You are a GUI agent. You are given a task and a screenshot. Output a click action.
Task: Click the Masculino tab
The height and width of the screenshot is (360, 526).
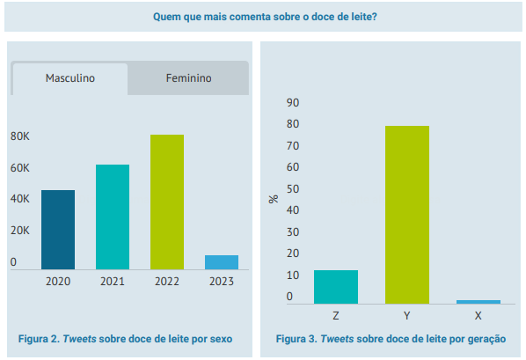[70, 78]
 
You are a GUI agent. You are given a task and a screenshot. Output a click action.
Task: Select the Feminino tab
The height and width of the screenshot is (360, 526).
[188, 78]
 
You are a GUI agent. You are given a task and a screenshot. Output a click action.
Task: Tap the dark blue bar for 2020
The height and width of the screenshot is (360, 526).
[58, 230]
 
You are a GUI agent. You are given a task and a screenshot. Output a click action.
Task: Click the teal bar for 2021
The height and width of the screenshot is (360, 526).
[113, 217]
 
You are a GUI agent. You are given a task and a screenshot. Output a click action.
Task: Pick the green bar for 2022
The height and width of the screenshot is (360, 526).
[167, 202]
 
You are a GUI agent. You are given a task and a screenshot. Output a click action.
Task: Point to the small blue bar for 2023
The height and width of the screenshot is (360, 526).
[222, 262]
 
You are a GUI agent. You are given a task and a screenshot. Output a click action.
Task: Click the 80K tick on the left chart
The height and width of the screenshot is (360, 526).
[20, 136]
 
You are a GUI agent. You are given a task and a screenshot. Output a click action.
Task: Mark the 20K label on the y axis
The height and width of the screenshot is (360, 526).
[20, 231]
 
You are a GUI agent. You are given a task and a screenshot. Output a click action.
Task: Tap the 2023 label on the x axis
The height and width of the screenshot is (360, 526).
[222, 282]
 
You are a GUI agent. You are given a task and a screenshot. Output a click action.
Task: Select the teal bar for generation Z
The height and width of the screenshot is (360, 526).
[336, 287]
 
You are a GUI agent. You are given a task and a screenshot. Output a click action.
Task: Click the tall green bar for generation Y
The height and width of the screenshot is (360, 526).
[407, 215]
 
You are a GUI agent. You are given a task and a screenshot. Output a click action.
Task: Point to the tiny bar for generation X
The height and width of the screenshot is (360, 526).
[479, 302]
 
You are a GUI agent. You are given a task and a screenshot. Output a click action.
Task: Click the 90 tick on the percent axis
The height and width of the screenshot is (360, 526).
[293, 103]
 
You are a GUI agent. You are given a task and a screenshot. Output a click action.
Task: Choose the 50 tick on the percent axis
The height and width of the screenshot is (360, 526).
[293, 189]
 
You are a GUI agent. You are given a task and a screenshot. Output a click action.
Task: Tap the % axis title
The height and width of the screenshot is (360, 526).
[274, 199]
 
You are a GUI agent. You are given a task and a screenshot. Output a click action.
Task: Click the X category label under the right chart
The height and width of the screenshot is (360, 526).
[478, 316]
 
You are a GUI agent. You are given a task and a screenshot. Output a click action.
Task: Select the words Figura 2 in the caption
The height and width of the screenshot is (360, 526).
[39, 339]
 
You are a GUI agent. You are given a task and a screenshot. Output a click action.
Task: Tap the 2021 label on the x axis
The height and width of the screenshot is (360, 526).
[113, 282]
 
